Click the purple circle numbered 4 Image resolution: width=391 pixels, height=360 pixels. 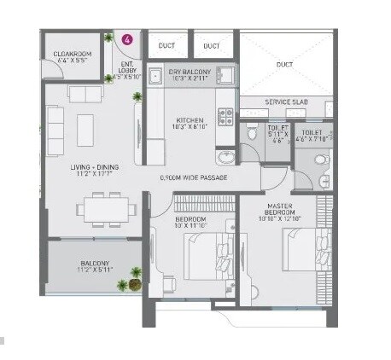tap(127, 39)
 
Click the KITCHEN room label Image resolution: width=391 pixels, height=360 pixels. tap(188, 120)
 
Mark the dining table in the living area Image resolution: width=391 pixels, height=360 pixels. tap(108, 208)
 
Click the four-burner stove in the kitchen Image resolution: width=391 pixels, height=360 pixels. tap(226, 115)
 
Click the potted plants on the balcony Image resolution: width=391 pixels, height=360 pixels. tap(135, 276)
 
